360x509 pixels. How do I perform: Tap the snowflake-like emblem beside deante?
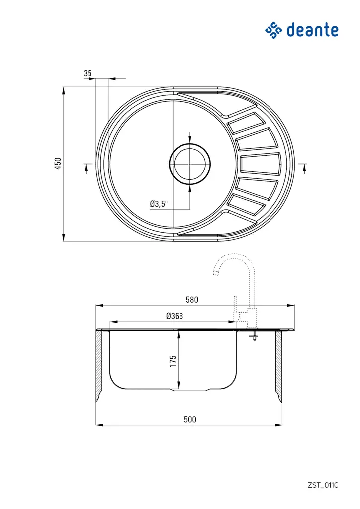[x=273, y=30]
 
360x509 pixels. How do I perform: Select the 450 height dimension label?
[x=58, y=164]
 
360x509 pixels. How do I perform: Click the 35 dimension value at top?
[x=88, y=73]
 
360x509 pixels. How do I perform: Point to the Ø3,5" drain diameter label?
[x=159, y=203]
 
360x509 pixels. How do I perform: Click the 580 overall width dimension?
[x=192, y=300]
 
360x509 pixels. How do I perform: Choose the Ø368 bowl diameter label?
[x=175, y=316]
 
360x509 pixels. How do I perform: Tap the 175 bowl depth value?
[x=173, y=361]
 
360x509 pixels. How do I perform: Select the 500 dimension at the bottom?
[x=190, y=419]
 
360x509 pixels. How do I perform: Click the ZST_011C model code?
[x=323, y=485]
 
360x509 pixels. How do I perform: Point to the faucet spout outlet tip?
[x=215, y=273]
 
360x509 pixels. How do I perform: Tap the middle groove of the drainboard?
[x=261, y=165]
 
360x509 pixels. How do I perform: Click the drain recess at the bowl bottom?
[x=190, y=390]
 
